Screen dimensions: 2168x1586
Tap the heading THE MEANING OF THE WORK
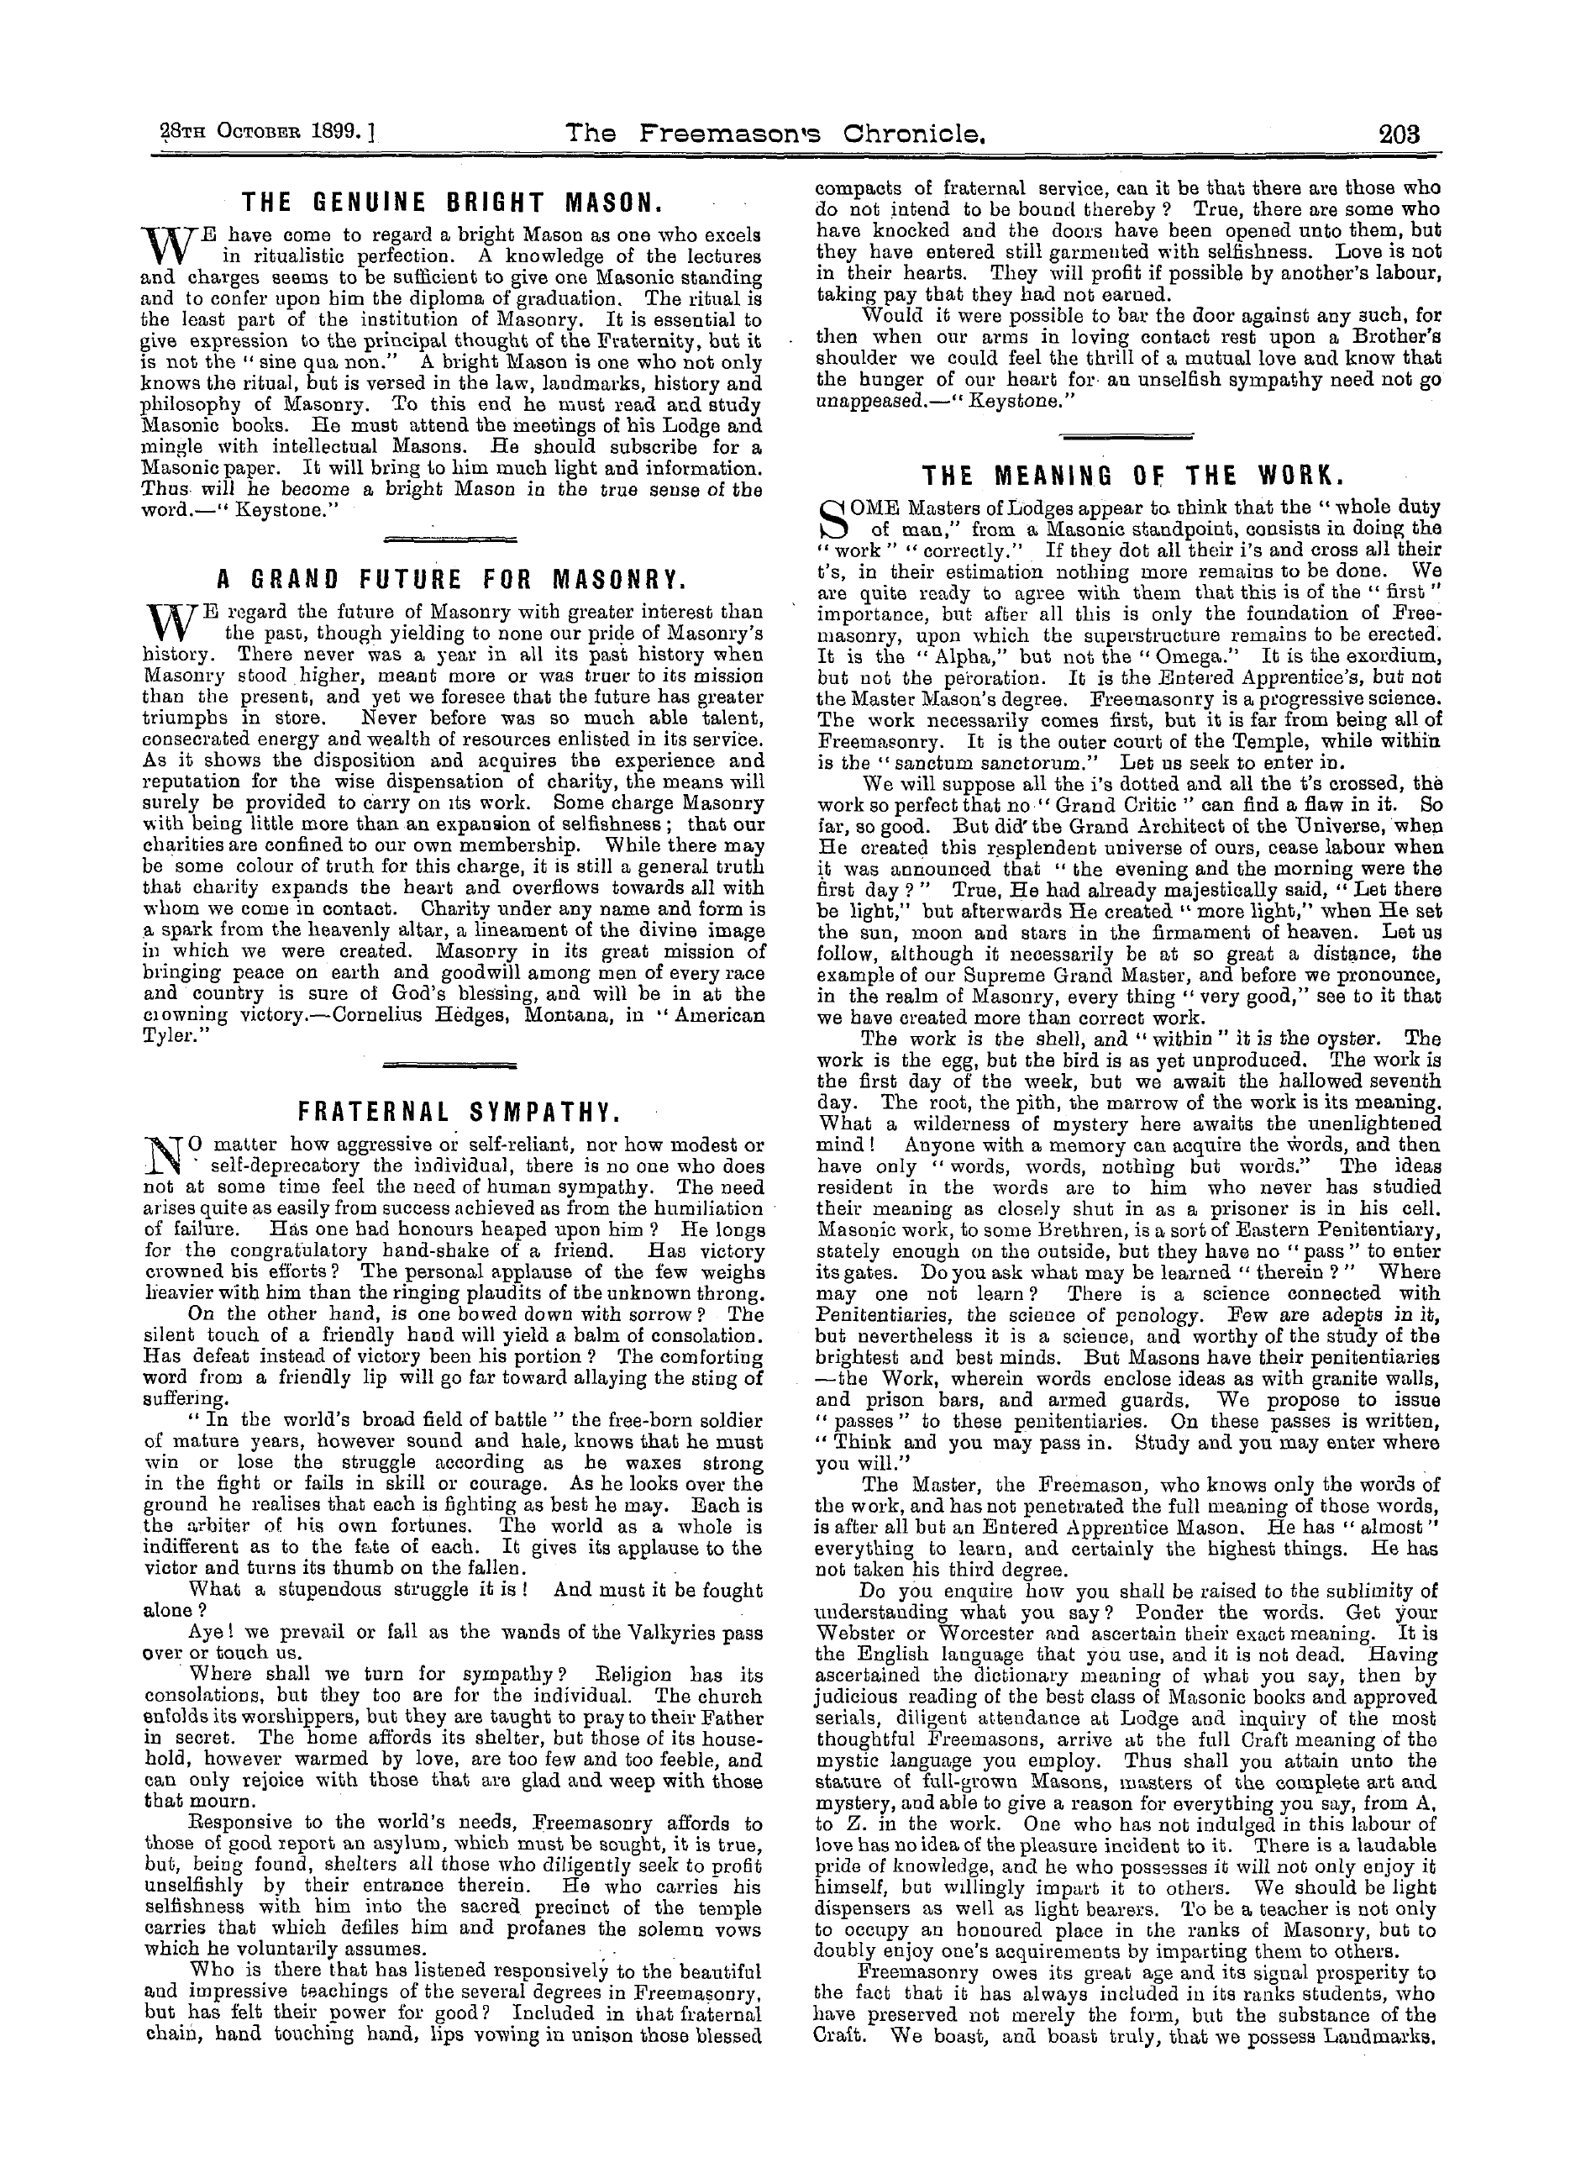click(x=1127, y=476)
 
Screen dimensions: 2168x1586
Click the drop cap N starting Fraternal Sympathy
click(x=160, y=1156)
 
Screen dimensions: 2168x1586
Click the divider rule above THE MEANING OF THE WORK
click(x=1127, y=437)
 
